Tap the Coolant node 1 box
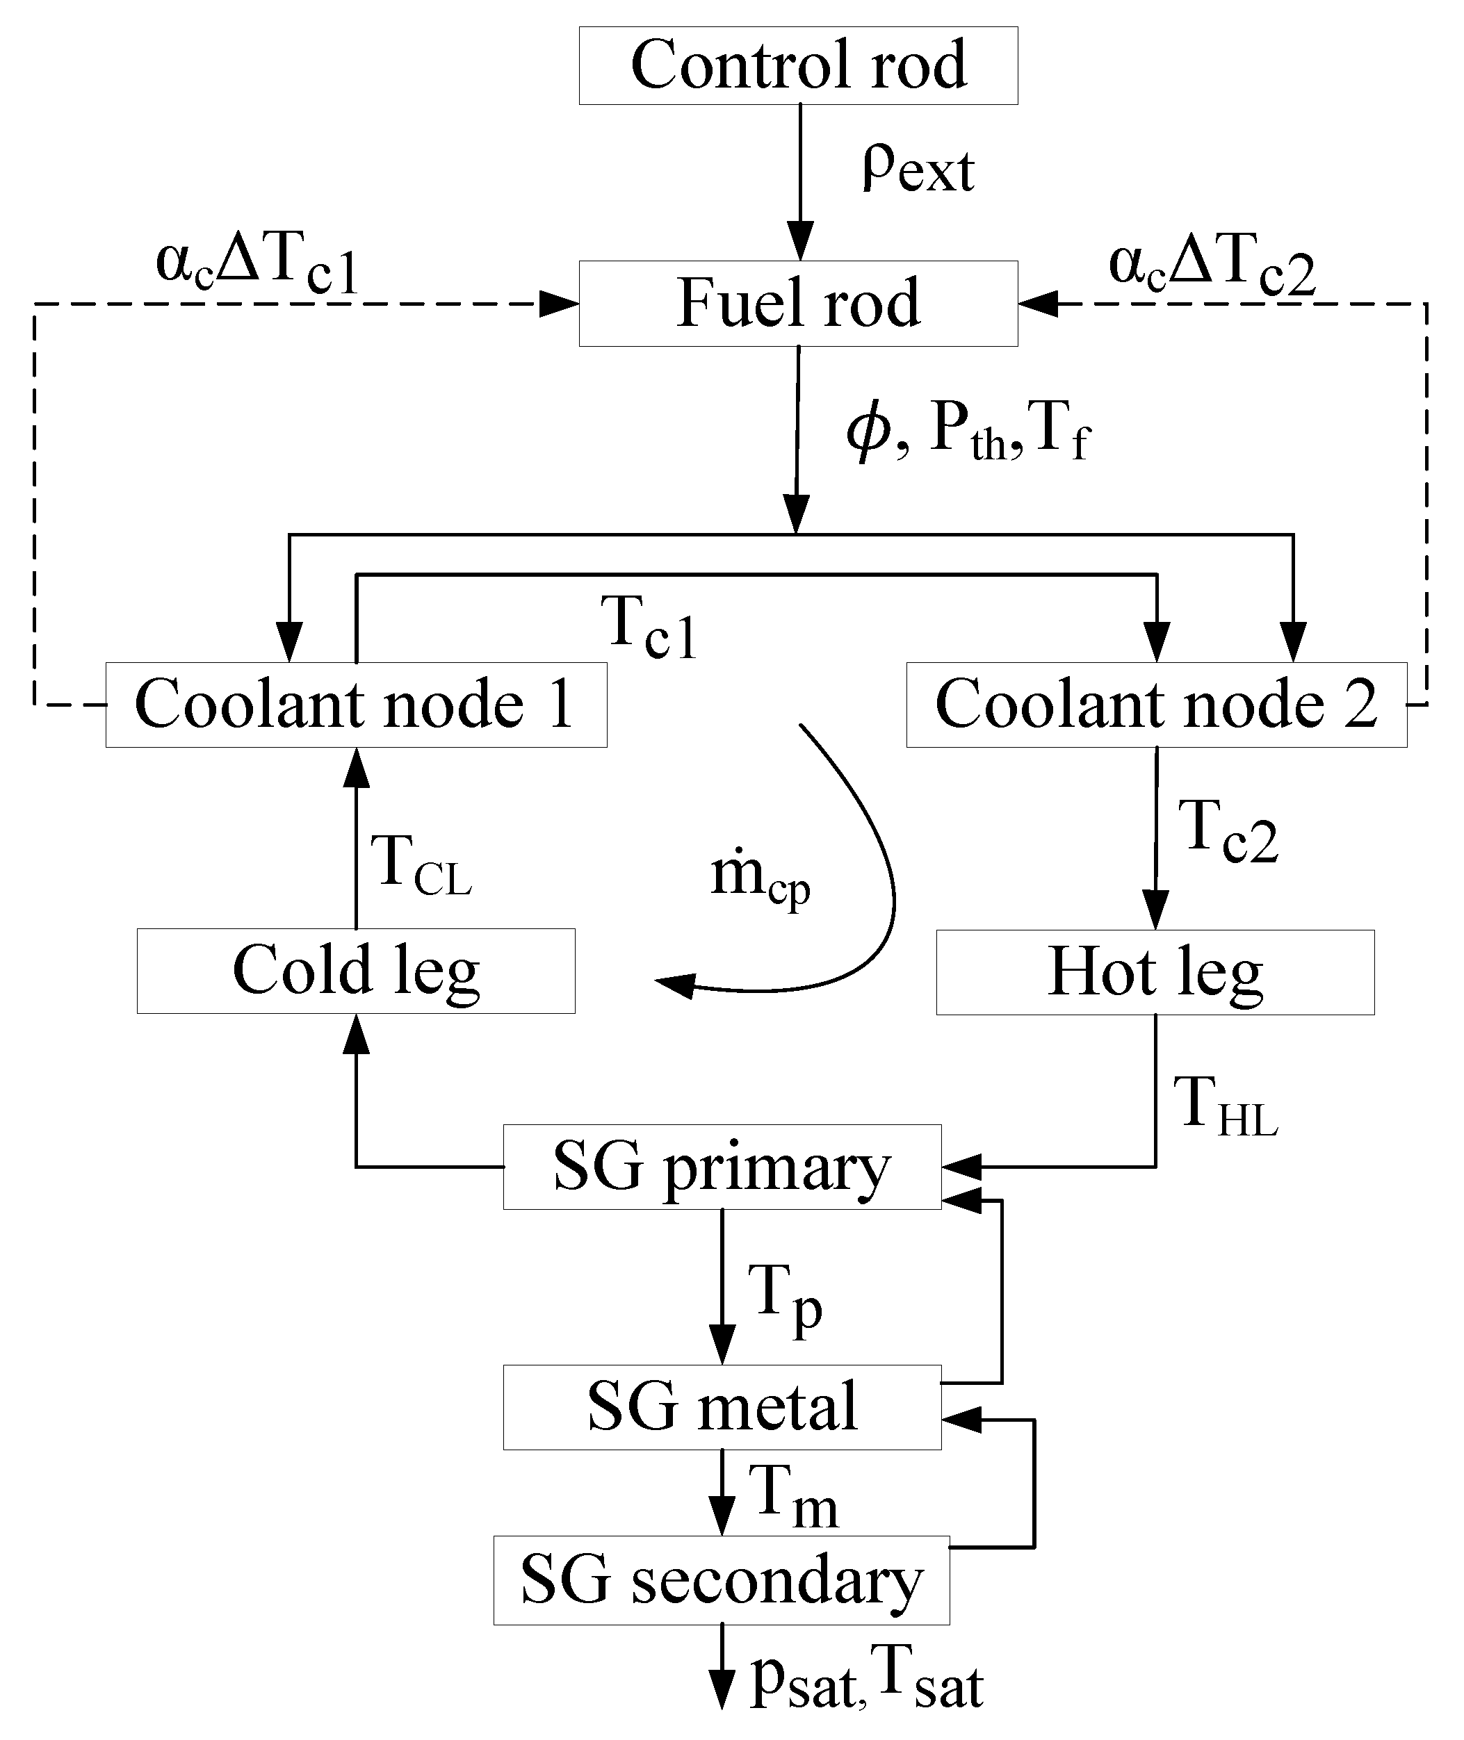(x=356, y=705)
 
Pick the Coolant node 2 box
(x=1156, y=705)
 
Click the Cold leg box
(x=356, y=970)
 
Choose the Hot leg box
(x=1155, y=971)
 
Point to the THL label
(x=1225, y=1106)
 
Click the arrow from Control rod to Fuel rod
(x=800, y=183)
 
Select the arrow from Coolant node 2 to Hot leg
(x=1156, y=838)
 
